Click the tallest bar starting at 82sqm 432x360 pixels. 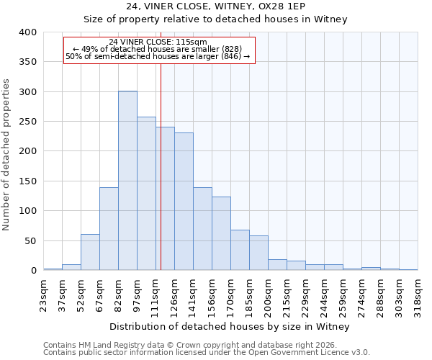click(x=127, y=181)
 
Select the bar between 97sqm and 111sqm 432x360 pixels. click(x=146, y=194)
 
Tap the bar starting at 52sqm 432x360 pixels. click(x=90, y=252)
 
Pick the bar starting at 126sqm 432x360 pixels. click(x=184, y=202)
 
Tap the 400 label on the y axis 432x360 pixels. click(x=27, y=32)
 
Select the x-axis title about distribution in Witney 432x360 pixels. click(x=230, y=327)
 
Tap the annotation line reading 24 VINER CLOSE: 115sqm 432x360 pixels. click(x=158, y=42)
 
